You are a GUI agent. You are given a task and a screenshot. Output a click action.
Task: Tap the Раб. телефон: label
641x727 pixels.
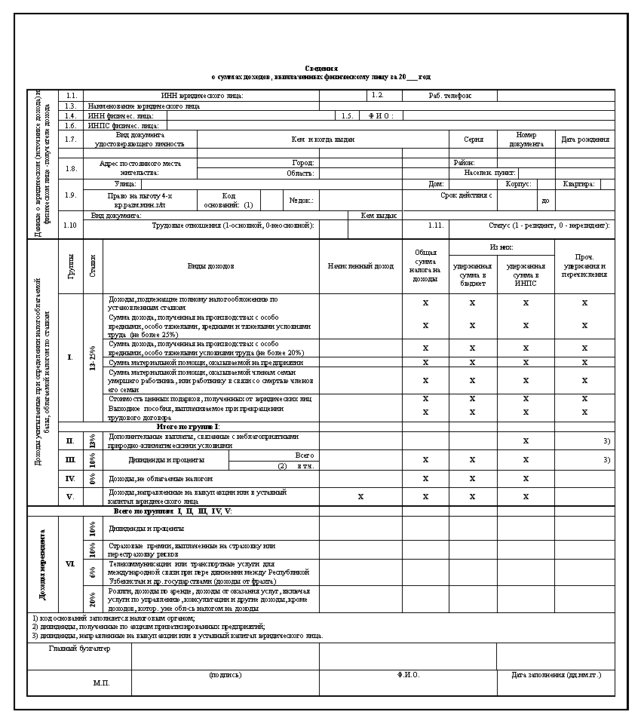pos(450,96)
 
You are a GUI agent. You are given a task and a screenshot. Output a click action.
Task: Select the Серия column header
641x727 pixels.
pos(473,140)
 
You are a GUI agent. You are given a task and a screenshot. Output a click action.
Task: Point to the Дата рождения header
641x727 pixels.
pos(585,140)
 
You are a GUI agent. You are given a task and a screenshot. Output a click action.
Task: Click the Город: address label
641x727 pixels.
pos(303,163)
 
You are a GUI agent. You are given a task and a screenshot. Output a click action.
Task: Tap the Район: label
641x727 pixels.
pos(464,163)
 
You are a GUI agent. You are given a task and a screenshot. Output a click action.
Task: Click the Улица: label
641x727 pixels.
pos(125,184)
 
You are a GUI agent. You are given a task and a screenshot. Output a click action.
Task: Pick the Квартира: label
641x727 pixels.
pos(578,184)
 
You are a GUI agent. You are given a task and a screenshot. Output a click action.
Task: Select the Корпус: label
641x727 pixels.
pos(519,184)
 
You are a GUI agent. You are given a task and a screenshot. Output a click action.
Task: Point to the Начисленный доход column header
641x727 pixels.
pos(360,266)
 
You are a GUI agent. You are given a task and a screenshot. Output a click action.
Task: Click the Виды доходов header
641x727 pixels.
pos(210,266)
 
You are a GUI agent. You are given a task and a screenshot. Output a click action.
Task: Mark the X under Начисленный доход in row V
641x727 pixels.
pos(360,496)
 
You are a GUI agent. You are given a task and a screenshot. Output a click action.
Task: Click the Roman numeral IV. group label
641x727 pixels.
pos(70,478)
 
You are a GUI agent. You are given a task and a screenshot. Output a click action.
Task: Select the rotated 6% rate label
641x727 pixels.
pos(92,572)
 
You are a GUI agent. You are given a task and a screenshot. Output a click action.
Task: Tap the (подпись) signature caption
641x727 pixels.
pos(225,675)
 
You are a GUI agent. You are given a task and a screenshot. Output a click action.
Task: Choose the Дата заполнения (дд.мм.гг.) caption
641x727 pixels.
pos(556,675)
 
